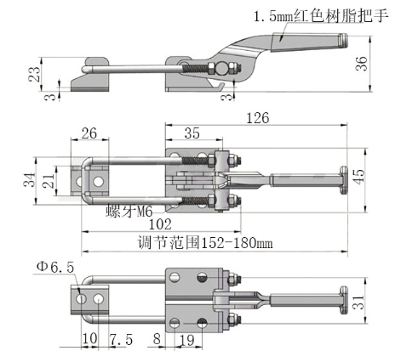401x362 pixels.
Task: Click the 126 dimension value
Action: pos(258,118)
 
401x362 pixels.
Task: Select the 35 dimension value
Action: pos(192,133)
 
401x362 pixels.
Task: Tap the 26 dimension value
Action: pos(89,133)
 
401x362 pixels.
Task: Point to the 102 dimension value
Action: pos(160,224)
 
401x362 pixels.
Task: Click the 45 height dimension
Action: pos(359,177)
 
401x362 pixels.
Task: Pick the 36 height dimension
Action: pos(362,64)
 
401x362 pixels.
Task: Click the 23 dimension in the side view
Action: pos(34,74)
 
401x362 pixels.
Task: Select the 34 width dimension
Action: pos(29,179)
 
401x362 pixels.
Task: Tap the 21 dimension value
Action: pos(49,181)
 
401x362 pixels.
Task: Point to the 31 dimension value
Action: pos(359,302)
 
